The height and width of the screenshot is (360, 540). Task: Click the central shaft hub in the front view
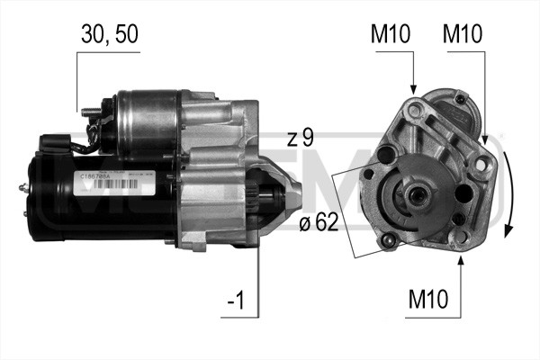[415, 193]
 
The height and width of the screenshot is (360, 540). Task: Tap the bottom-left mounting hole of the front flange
[389, 240]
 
